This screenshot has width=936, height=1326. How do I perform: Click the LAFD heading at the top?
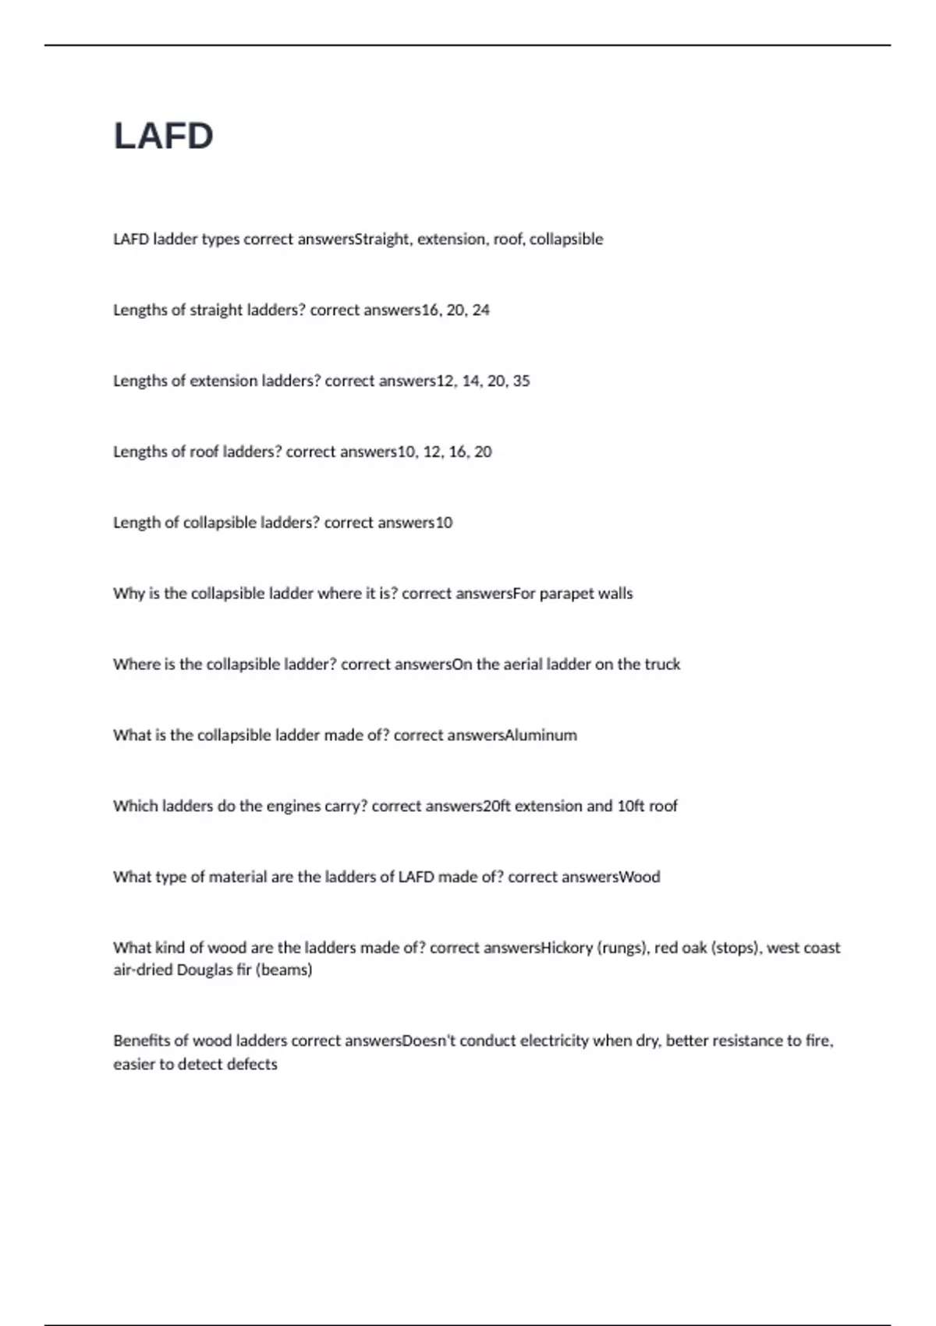click(164, 136)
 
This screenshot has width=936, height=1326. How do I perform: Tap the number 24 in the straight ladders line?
click(480, 310)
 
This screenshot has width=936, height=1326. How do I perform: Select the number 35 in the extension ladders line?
click(521, 381)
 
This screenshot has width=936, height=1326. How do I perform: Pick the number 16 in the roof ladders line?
click(459, 452)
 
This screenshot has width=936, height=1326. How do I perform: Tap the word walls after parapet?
click(615, 594)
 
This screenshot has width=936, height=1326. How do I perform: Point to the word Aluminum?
click(541, 736)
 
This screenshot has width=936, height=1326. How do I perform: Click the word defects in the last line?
click(252, 1065)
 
